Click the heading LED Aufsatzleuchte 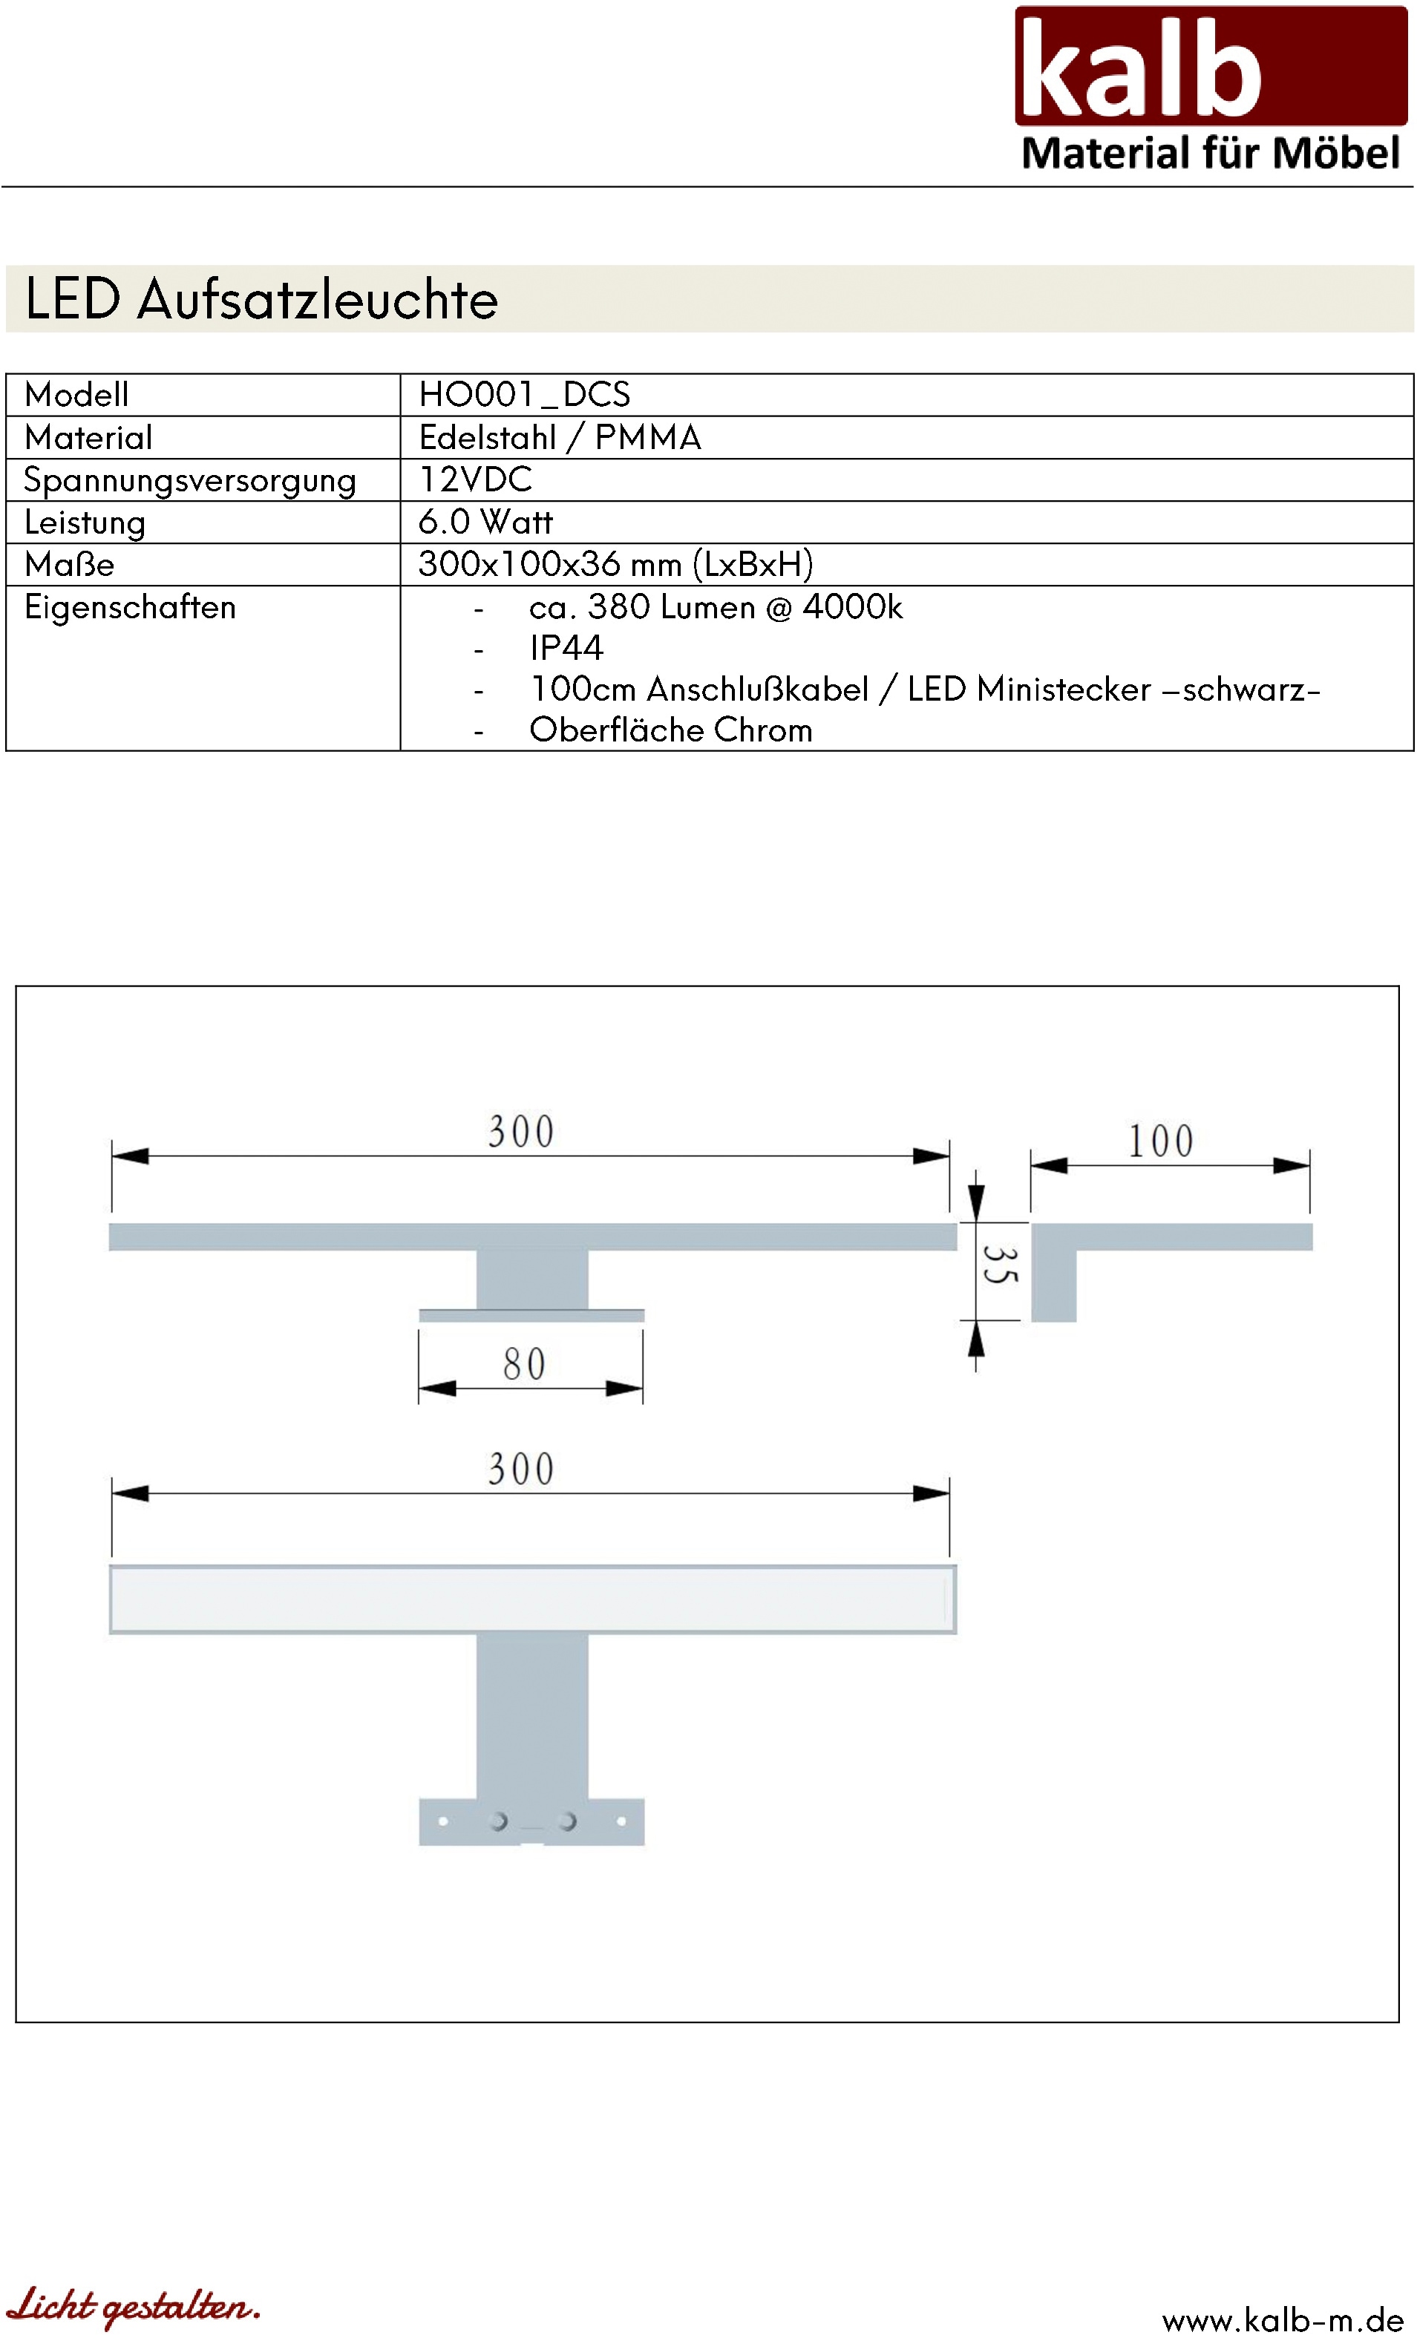(261, 299)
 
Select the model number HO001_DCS (524, 394)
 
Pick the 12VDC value (476, 479)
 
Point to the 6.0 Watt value (485, 521)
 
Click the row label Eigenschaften (131, 606)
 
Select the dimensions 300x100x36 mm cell (616, 564)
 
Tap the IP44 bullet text (566, 648)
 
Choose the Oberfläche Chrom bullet (671, 730)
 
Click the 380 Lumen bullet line (716, 606)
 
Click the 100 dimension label (1160, 1141)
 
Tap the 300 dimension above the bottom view (521, 1470)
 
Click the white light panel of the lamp (531, 1599)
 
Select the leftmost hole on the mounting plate (442, 1821)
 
